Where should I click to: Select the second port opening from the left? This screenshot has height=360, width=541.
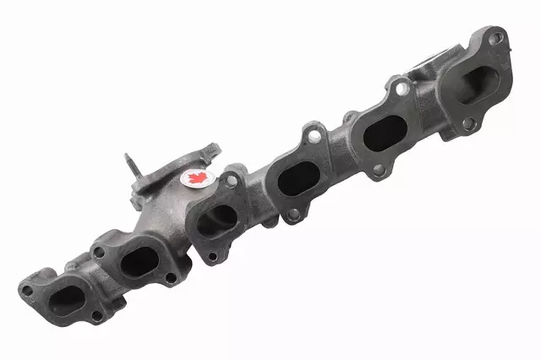click(x=138, y=262)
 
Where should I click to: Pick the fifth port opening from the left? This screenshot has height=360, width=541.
click(x=386, y=133)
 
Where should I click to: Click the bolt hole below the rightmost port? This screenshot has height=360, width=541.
click(x=467, y=124)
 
